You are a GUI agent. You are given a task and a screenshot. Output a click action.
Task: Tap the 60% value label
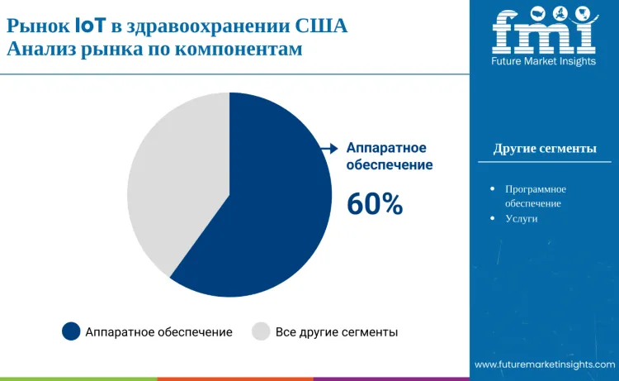[x=375, y=203]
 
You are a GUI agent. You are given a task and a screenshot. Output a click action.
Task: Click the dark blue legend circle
[x=72, y=331]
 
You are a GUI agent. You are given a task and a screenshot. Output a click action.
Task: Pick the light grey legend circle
[x=261, y=331]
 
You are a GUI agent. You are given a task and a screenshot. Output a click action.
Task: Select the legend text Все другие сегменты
[x=337, y=332]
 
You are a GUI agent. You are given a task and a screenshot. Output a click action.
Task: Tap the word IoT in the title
[x=90, y=26]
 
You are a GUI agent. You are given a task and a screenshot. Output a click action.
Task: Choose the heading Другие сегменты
[x=545, y=149]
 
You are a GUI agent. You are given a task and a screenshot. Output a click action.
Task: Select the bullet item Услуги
[x=522, y=218]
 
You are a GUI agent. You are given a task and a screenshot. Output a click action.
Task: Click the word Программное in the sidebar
[x=536, y=189]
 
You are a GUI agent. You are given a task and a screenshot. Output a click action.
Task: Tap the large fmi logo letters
[x=543, y=32]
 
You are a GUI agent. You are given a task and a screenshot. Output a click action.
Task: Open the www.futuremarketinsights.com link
[x=544, y=364]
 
